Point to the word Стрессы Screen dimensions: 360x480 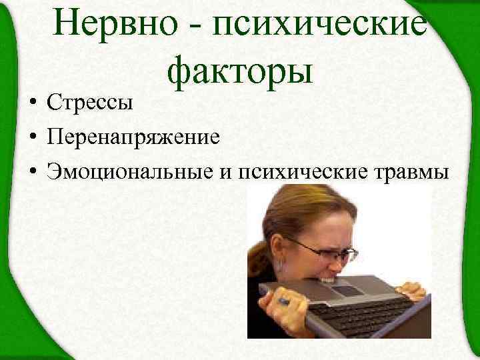coord(90,103)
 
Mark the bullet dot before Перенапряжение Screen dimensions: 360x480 coord(32,139)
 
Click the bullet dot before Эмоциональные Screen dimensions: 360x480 coord(32,172)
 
